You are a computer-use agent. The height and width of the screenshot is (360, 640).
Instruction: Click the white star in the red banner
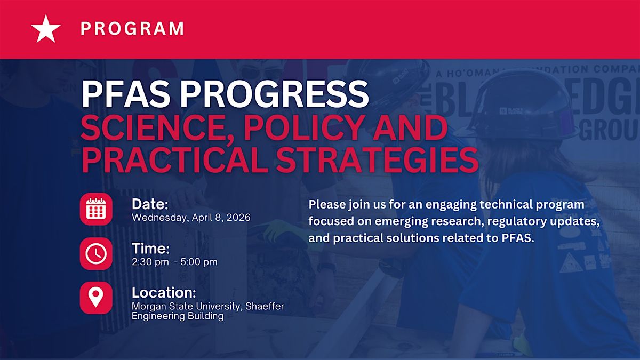pos(46,29)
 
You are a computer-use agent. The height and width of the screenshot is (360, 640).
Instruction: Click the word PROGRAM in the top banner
pos(132,29)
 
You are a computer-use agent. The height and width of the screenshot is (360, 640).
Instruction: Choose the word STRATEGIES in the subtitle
pos(377,159)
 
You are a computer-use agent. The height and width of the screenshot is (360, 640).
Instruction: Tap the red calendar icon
pos(96,209)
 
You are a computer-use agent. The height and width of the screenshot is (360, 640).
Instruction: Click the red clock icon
pos(96,254)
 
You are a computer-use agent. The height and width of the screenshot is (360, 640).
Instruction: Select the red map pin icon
pos(96,298)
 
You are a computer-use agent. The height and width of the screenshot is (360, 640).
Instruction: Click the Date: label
pos(150,204)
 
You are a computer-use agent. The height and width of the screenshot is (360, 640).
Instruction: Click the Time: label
pos(150,249)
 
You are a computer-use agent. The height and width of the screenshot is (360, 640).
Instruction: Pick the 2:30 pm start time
pos(150,262)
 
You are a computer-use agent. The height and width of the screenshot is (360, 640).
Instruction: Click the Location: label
pos(164,293)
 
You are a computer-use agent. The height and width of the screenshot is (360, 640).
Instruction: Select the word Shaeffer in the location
pos(265,306)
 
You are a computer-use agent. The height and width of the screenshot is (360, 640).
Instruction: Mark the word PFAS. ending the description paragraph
pos(518,238)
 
